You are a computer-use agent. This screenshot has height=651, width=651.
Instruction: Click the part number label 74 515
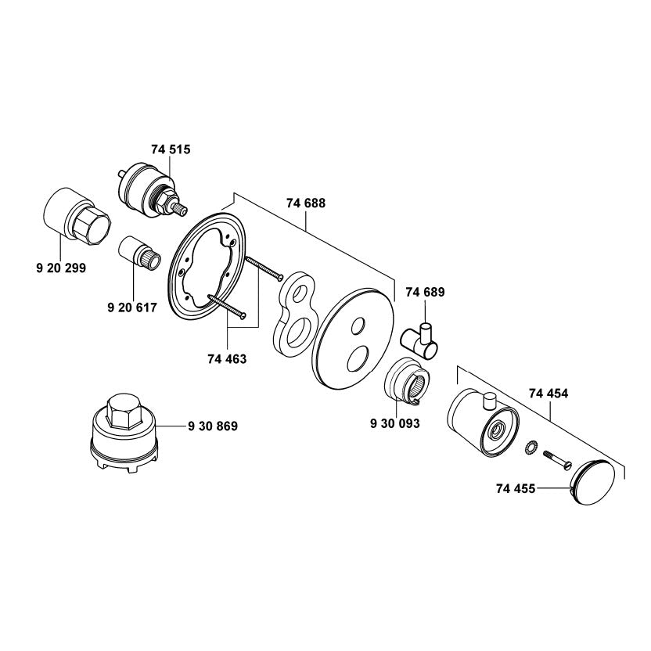(x=171, y=148)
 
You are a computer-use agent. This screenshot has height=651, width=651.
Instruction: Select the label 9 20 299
(x=61, y=268)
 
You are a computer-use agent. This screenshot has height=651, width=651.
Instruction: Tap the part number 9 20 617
(x=131, y=308)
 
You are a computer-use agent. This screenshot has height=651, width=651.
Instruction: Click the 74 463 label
(x=227, y=359)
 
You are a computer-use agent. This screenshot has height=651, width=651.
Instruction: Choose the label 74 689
(x=425, y=293)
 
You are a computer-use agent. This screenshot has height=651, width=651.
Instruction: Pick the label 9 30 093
(x=395, y=423)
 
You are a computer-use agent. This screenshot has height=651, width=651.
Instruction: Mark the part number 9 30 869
(x=213, y=426)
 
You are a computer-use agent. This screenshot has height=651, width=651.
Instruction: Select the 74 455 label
(x=515, y=489)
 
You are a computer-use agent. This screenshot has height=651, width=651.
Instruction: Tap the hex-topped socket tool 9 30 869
(x=124, y=433)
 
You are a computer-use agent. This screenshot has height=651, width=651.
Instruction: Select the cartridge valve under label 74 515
(x=149, y=187)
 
